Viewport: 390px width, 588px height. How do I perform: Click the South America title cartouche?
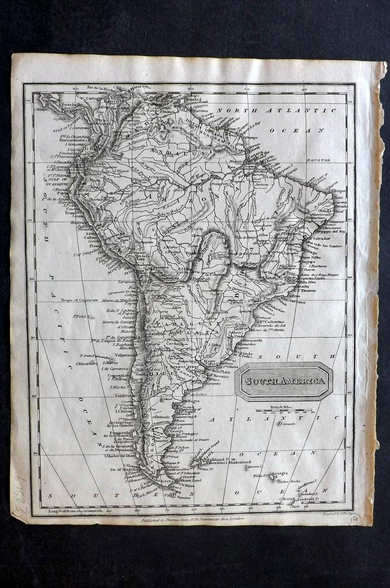click(x=285, y=381)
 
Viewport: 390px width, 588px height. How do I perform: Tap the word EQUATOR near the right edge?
click(x=318, y=160)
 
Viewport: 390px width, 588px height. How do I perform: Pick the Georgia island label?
click(x=279, y=473)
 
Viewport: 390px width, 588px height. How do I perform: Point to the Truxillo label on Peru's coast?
click(x=73, y=211)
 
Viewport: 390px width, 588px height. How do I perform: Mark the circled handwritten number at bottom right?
click(x=354, y=519)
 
